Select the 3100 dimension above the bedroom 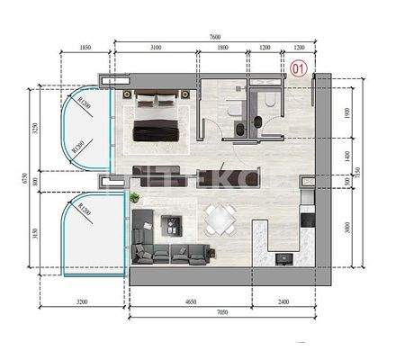(x=156, y=48)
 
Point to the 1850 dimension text (x=86, y=48)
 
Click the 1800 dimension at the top (x=222, y=48)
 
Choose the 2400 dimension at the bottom (x=283, y=304)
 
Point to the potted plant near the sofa (x=135, y=196)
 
